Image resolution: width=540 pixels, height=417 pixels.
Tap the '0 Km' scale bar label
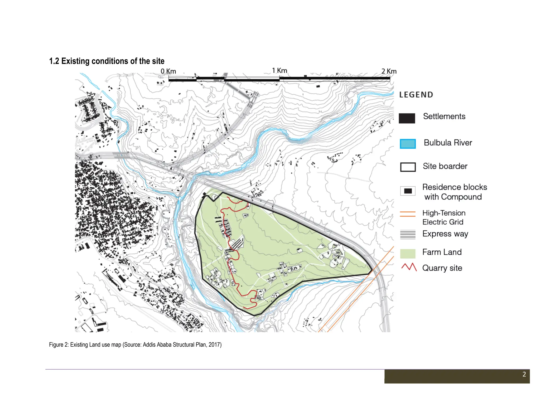[168, 71]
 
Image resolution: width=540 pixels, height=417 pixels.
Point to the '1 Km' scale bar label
[279, 71]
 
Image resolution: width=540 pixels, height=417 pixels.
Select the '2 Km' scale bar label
[389, 71]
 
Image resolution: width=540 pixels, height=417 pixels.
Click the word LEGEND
[416, 95]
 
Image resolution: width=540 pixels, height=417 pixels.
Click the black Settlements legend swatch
[407, 118]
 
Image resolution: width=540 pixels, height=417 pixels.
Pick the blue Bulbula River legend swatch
[408, 144]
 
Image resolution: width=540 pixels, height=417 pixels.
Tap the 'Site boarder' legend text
[445, 166]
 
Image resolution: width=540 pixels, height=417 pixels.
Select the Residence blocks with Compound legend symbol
[408, 191]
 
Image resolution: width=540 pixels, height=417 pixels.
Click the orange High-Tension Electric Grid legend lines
[408, 214]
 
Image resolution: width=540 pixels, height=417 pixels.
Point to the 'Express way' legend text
[445, 234]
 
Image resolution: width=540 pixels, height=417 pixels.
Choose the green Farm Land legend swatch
[408, 253]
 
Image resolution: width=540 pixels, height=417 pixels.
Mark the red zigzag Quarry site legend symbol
[409, 267]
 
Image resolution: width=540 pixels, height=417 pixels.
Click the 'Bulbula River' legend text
[448, 143]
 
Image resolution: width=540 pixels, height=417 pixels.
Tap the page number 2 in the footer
[524, 374]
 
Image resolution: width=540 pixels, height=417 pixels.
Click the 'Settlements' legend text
[444, 117]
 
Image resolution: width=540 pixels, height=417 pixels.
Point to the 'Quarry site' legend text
[442, 268]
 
